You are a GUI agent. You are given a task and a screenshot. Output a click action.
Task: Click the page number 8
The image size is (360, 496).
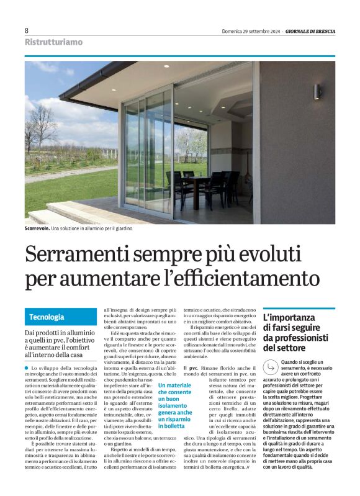pyautogui.click(x=27, y=30)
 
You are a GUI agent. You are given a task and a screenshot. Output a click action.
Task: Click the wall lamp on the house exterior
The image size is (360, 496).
pyautogui.click(x=318, y=92)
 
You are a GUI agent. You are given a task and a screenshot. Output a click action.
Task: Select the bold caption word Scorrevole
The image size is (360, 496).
pyautogui.click(x=37, y=229)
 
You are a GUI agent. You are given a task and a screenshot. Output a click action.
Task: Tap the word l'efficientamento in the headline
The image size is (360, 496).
pyautogui.click(x=247, y=276)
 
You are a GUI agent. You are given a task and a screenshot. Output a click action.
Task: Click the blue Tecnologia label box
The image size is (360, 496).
pyautogui.click(x=47, y=317)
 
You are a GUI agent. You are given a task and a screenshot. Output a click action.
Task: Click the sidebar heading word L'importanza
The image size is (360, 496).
pyautogui.click(x=289, y=317)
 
